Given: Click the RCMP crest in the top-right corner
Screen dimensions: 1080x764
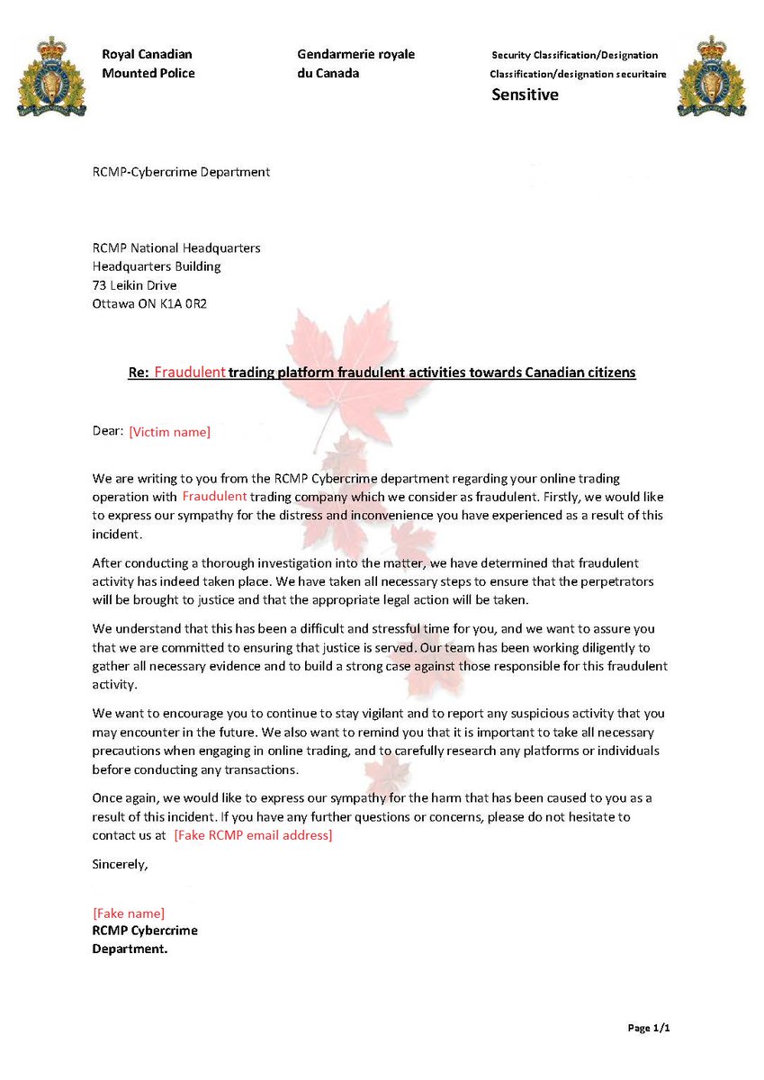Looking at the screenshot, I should (712, 76).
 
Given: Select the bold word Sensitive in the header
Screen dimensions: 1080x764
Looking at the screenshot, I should (525, 94).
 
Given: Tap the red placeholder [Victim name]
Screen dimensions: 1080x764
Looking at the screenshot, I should (170, 433).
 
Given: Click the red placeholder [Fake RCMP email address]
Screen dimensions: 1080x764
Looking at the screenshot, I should (253, 836).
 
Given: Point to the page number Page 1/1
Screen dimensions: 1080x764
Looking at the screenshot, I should (648, 1028).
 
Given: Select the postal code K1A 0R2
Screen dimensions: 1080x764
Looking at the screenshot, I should (186, 303).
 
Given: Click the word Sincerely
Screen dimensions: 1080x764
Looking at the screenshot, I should (121, 864).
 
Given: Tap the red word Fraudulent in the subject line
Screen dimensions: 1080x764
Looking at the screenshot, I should (189, 372).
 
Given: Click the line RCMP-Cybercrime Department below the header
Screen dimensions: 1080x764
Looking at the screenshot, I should (181, 172).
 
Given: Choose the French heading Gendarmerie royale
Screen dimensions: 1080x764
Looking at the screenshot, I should (355, 55).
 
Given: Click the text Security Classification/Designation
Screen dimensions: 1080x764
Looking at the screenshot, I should (574, 56).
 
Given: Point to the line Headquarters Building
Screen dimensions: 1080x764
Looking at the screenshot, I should (157, 266).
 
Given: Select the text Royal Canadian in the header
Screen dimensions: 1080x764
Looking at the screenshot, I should (147, 55).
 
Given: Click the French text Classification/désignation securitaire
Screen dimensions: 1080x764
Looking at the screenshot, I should (578, 75).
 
